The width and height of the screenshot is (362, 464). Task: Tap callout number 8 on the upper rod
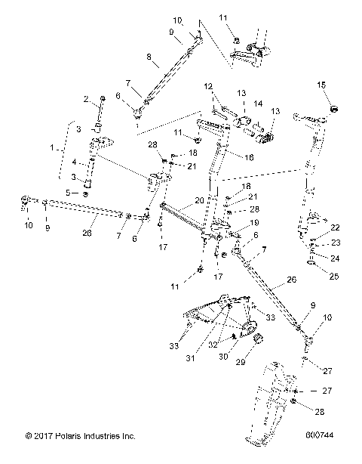point(149,56)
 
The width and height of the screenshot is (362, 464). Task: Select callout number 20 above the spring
point(199,201)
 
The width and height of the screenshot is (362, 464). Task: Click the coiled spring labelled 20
point(183,219)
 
